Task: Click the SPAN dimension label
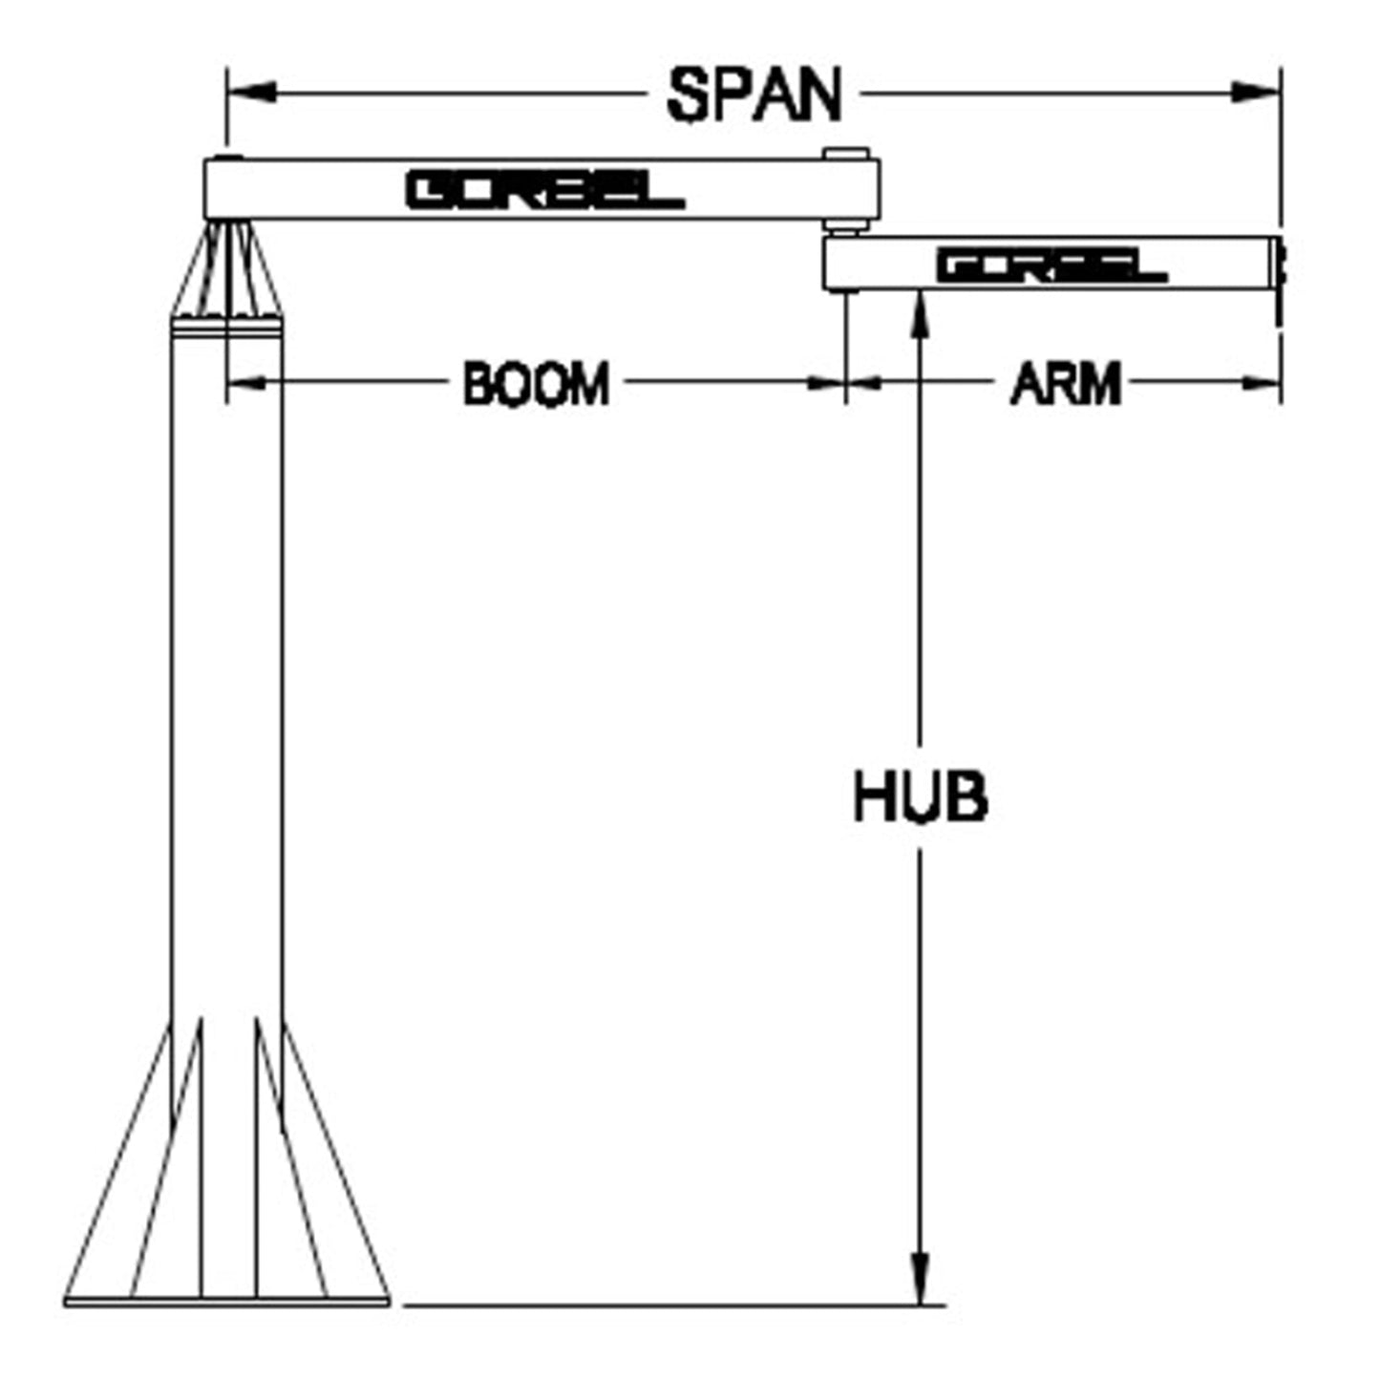pos(754,96)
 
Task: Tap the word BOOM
pos(537,384)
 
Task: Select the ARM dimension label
pos(1066,384)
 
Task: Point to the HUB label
pos(921,796)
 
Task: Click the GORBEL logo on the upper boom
pos(545,190)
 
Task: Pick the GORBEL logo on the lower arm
pos(1052,265)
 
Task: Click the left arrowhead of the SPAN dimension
pos(251,92)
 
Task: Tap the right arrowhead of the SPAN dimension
pos(1256,92)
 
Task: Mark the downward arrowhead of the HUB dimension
pos(921,1280)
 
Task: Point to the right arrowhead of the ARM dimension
pos(1262,384)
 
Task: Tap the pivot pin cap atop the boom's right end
pos(846,155)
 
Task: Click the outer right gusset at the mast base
pos(336,1160)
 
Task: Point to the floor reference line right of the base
pos(674,1306)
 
